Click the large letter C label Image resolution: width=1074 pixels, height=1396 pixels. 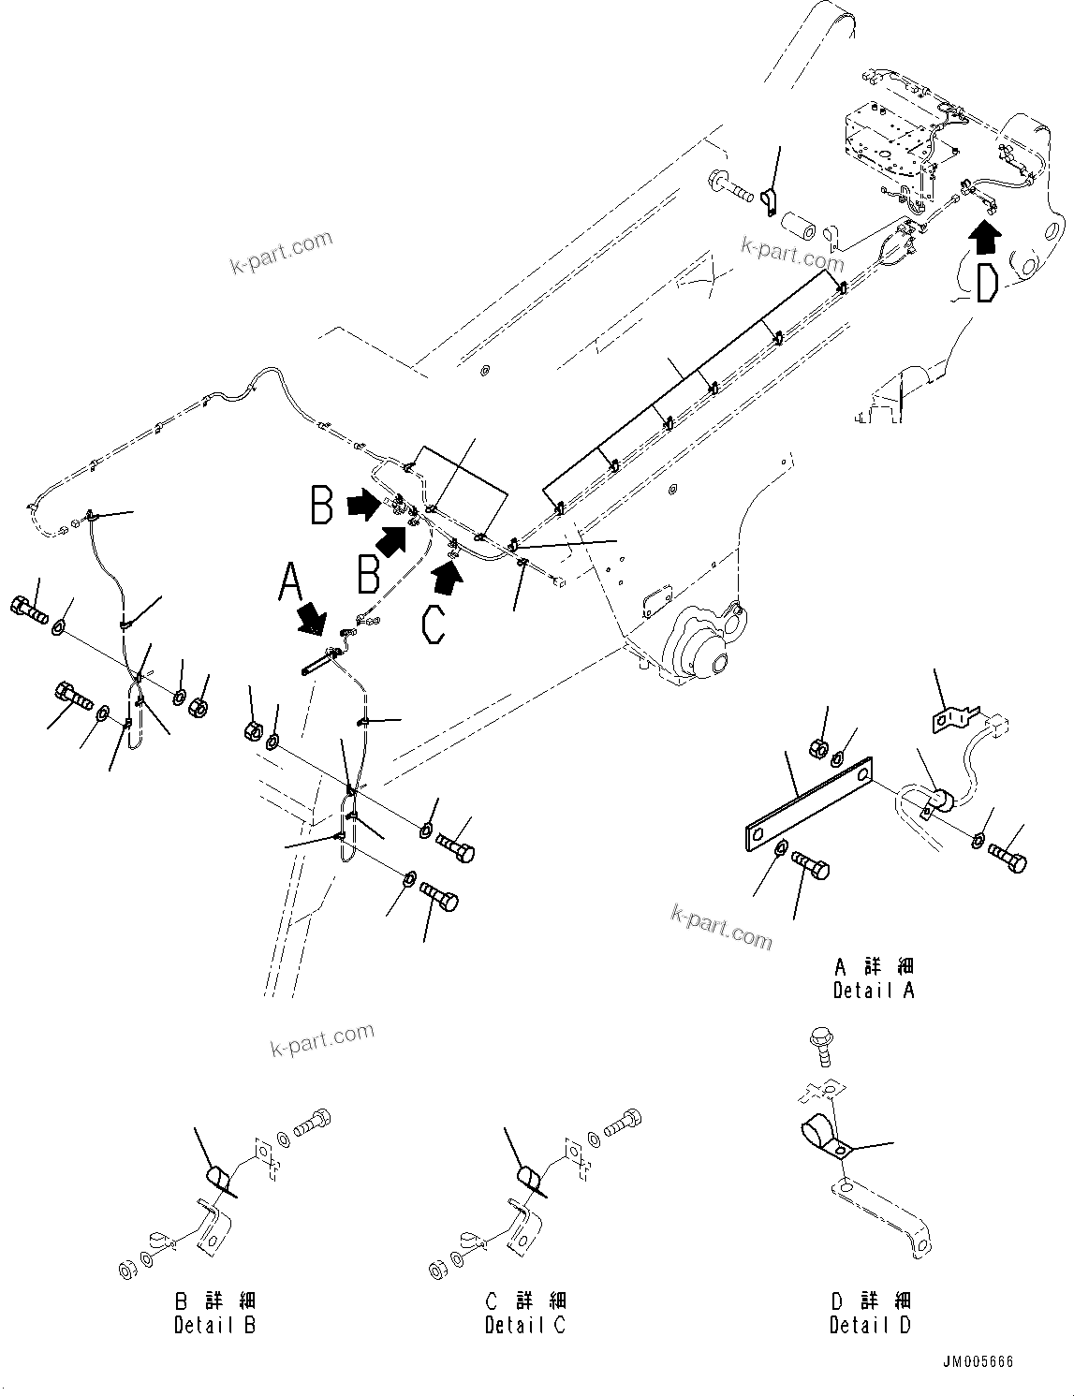[434, 623]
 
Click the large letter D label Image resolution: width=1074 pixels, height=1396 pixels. [985, 284]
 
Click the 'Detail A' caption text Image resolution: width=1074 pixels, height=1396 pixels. [873, 990]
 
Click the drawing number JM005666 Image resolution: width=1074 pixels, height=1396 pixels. [978, 1362]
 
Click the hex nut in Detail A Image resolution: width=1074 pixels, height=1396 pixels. [817, 748]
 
